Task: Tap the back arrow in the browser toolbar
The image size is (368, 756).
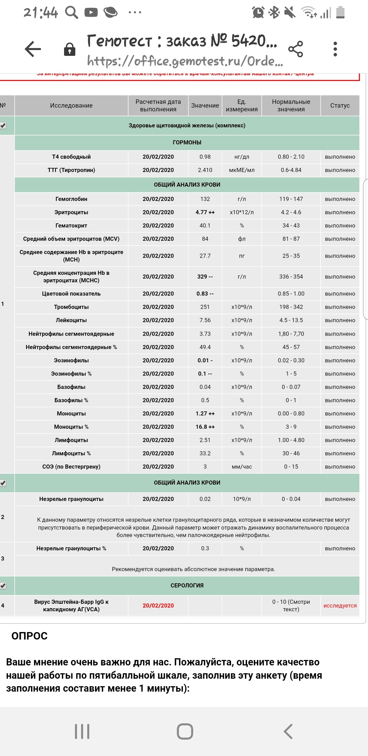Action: coord(33,49)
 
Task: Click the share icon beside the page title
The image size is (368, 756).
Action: coord(295,49)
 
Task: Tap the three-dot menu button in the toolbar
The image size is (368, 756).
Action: coord(335,49)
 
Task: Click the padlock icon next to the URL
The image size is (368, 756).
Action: coord(70,49)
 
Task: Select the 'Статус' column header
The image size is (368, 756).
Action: coord(340,106)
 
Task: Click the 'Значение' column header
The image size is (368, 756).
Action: coord(205,106)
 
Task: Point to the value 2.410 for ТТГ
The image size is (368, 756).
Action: coord(205,170)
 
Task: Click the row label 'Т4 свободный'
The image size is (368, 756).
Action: coord(71,157)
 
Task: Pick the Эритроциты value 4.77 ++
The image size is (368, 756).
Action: coord(205,212)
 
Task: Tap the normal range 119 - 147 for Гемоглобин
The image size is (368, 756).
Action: coord(291,199)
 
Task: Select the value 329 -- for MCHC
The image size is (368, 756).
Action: coord(205,277)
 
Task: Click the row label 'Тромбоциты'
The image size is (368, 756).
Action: coord(71,307)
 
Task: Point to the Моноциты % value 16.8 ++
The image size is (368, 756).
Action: coord(205,427)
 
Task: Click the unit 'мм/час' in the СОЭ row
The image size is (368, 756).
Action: coord(242,467)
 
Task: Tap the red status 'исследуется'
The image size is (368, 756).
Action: coord(340,606)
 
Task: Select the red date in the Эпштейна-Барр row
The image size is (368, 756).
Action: coord(158,606)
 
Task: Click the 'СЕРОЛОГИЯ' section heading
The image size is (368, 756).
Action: coord(187,586)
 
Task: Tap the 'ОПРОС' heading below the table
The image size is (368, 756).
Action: coord(30,636)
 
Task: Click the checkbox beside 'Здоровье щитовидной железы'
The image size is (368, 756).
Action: coord(3,126)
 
